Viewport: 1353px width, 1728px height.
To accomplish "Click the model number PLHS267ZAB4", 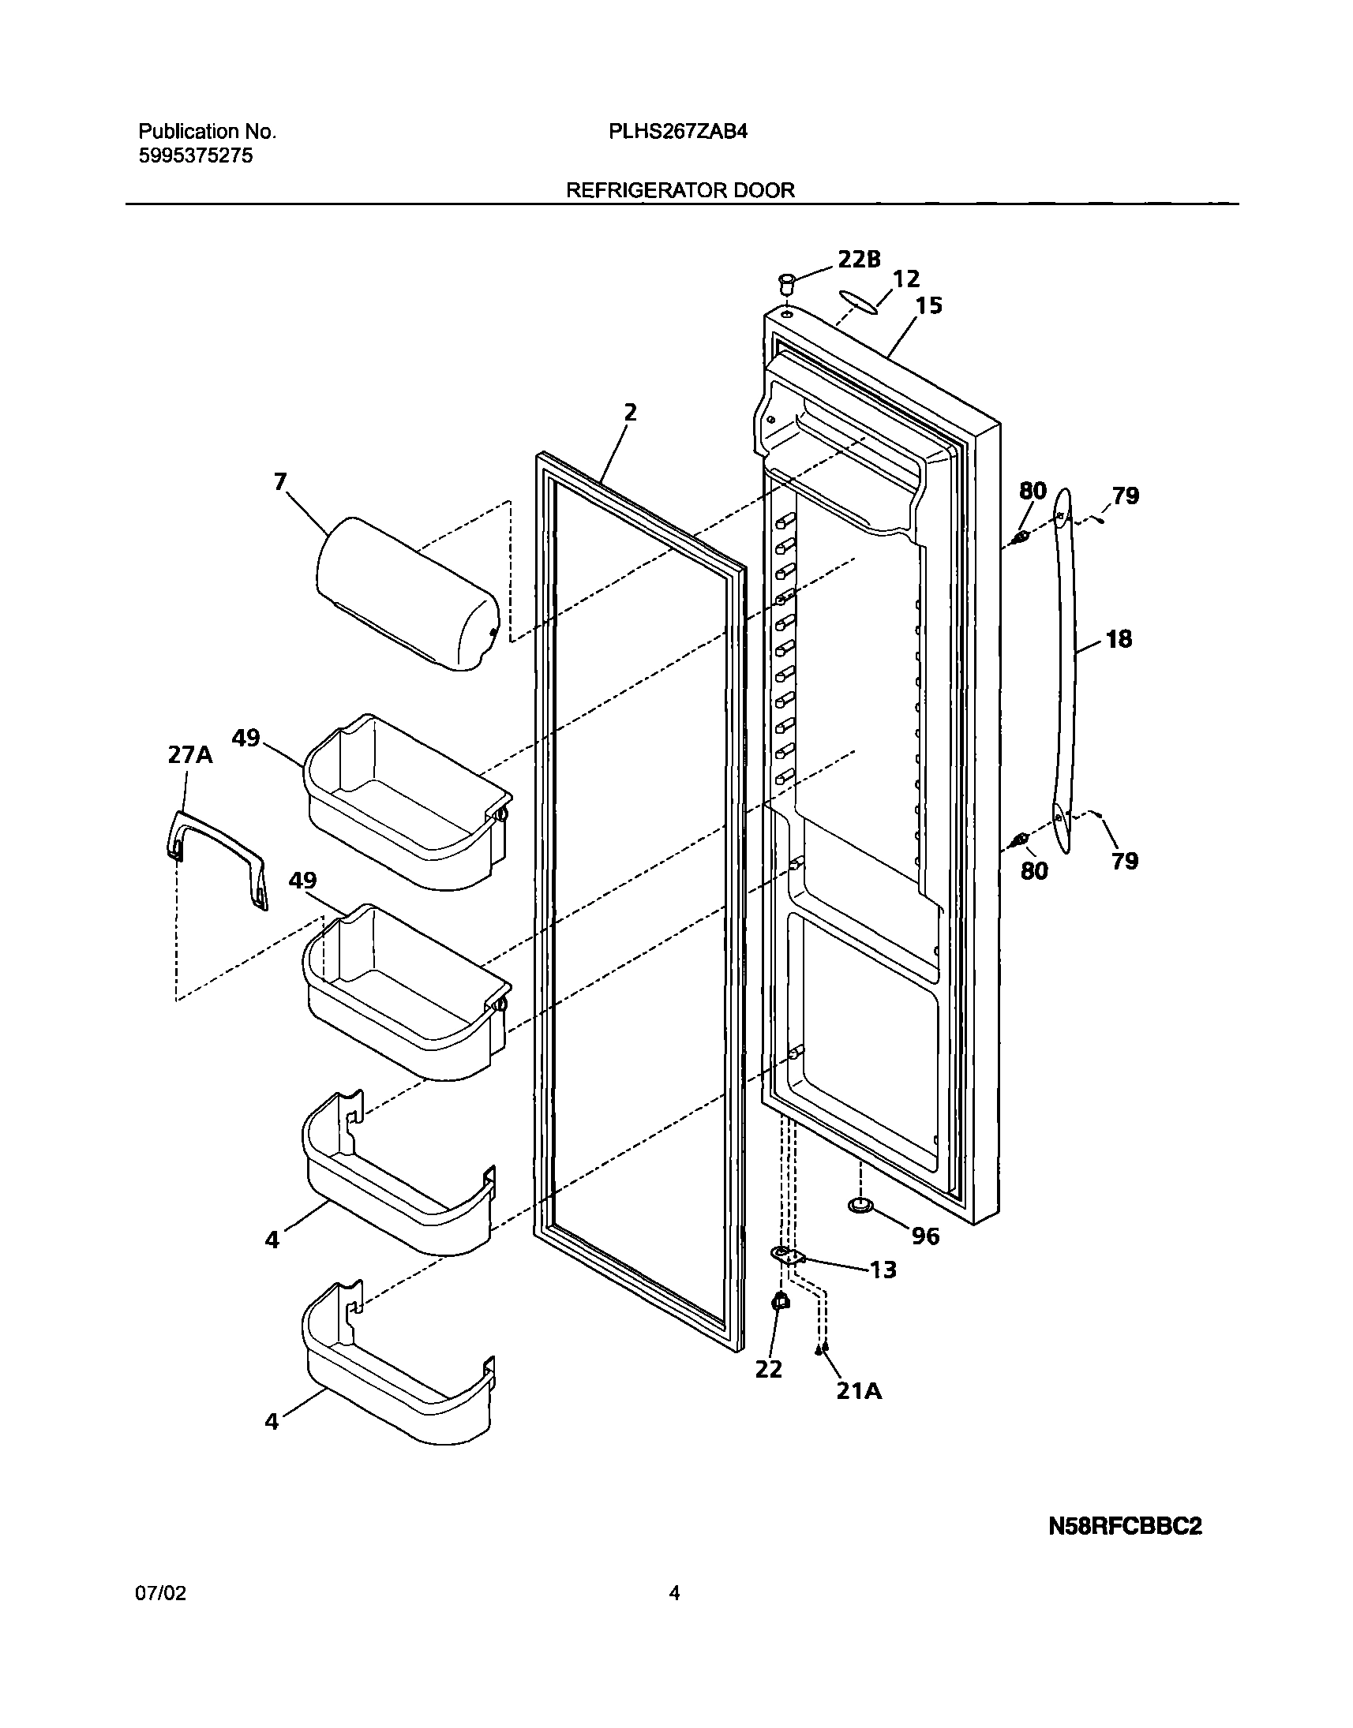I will (677, 132).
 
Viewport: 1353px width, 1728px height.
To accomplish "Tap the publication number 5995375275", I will (196, 156).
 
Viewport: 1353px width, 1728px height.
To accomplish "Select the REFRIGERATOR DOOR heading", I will (680, 190).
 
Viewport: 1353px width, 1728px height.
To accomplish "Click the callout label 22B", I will (859, 259).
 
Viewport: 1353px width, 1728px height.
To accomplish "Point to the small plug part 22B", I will (787, 282).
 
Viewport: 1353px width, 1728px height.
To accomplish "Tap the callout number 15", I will (928, 305).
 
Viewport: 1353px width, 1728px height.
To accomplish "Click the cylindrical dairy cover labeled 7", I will (407, 594).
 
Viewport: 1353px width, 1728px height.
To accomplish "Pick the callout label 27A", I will (190, 754).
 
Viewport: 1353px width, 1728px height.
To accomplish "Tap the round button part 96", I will (860, 1206).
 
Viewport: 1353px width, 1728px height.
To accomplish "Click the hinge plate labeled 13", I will (787, 1255).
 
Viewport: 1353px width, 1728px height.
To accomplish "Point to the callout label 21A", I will (859, 1390).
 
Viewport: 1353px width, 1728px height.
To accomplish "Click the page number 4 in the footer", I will (674, 1615).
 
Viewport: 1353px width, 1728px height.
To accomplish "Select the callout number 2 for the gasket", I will (630, 412).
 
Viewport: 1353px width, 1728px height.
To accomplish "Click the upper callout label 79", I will (1125, 496).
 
